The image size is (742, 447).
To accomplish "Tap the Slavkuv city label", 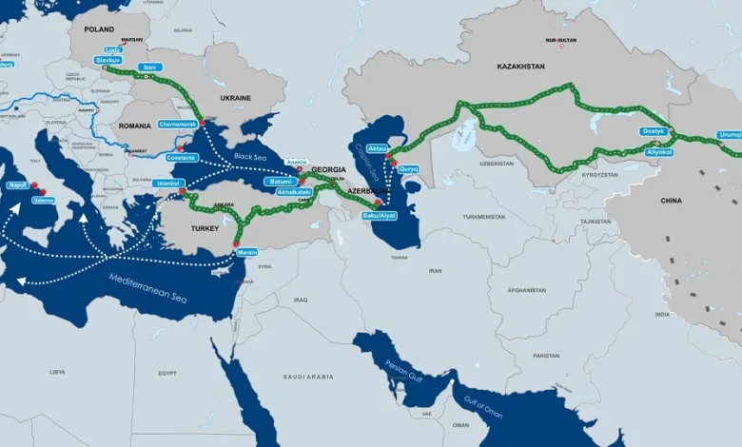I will pyautogui.click(x=108, y=60).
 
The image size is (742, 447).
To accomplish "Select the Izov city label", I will pyautogui.click(x=149, y=68).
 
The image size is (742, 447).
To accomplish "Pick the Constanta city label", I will pyautogui.click(x=182, y=157).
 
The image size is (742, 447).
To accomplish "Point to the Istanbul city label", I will pyautogui.click(x=168, y=183).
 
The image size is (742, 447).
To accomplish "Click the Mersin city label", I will pyautogui.click(x=247, y=252).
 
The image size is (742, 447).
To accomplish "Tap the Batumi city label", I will pyautogui.click(x=279, y=181).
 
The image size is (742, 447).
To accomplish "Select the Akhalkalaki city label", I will pyautogui.click(x=293, y=192).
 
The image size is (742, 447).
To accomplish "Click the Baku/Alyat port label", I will pyautogui.click(x=379, y=216).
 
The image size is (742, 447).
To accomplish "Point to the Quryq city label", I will pyautogui.click(x=408, y=168).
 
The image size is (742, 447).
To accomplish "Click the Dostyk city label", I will pyautogui.click(x=653, y=131).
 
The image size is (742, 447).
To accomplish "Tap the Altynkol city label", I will pyautogui.click(x=658, y=152).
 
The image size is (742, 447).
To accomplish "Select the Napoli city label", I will pyautogui.click(x=17, y=185).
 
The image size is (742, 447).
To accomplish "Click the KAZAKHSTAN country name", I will pyautogui.click(x=520, y=67).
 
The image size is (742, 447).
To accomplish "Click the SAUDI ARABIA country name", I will pyautogui.click(x=307, y=377).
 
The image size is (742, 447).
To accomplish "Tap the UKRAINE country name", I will pyautogui.click(x=235, y=97).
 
